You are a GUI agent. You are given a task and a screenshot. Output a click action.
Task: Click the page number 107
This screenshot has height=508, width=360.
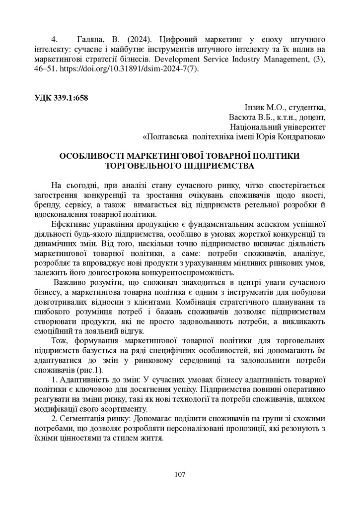click(180, 475)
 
